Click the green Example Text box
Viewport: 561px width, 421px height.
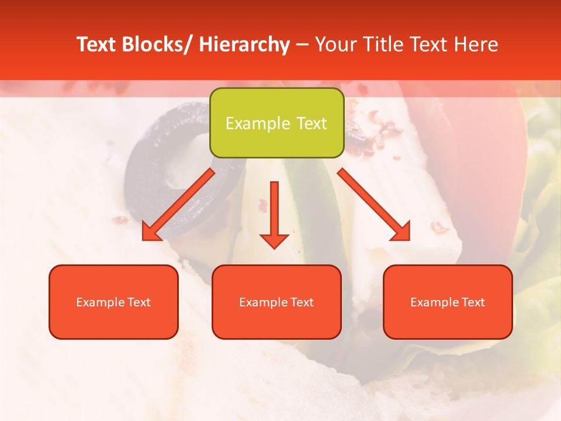[276, 123]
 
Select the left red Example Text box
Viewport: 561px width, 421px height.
[113, 302]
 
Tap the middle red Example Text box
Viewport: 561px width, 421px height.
[276, 302]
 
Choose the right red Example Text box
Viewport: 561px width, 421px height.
[448, 302]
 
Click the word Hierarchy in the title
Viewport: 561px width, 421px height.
[244, 44]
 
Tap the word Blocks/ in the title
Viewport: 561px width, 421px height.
[155, 44]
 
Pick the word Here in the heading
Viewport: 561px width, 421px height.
[477, 44]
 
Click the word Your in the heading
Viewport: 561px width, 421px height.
[335, 44]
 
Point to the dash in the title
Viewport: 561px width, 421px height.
[302, 45]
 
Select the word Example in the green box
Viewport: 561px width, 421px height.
[258, 123]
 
